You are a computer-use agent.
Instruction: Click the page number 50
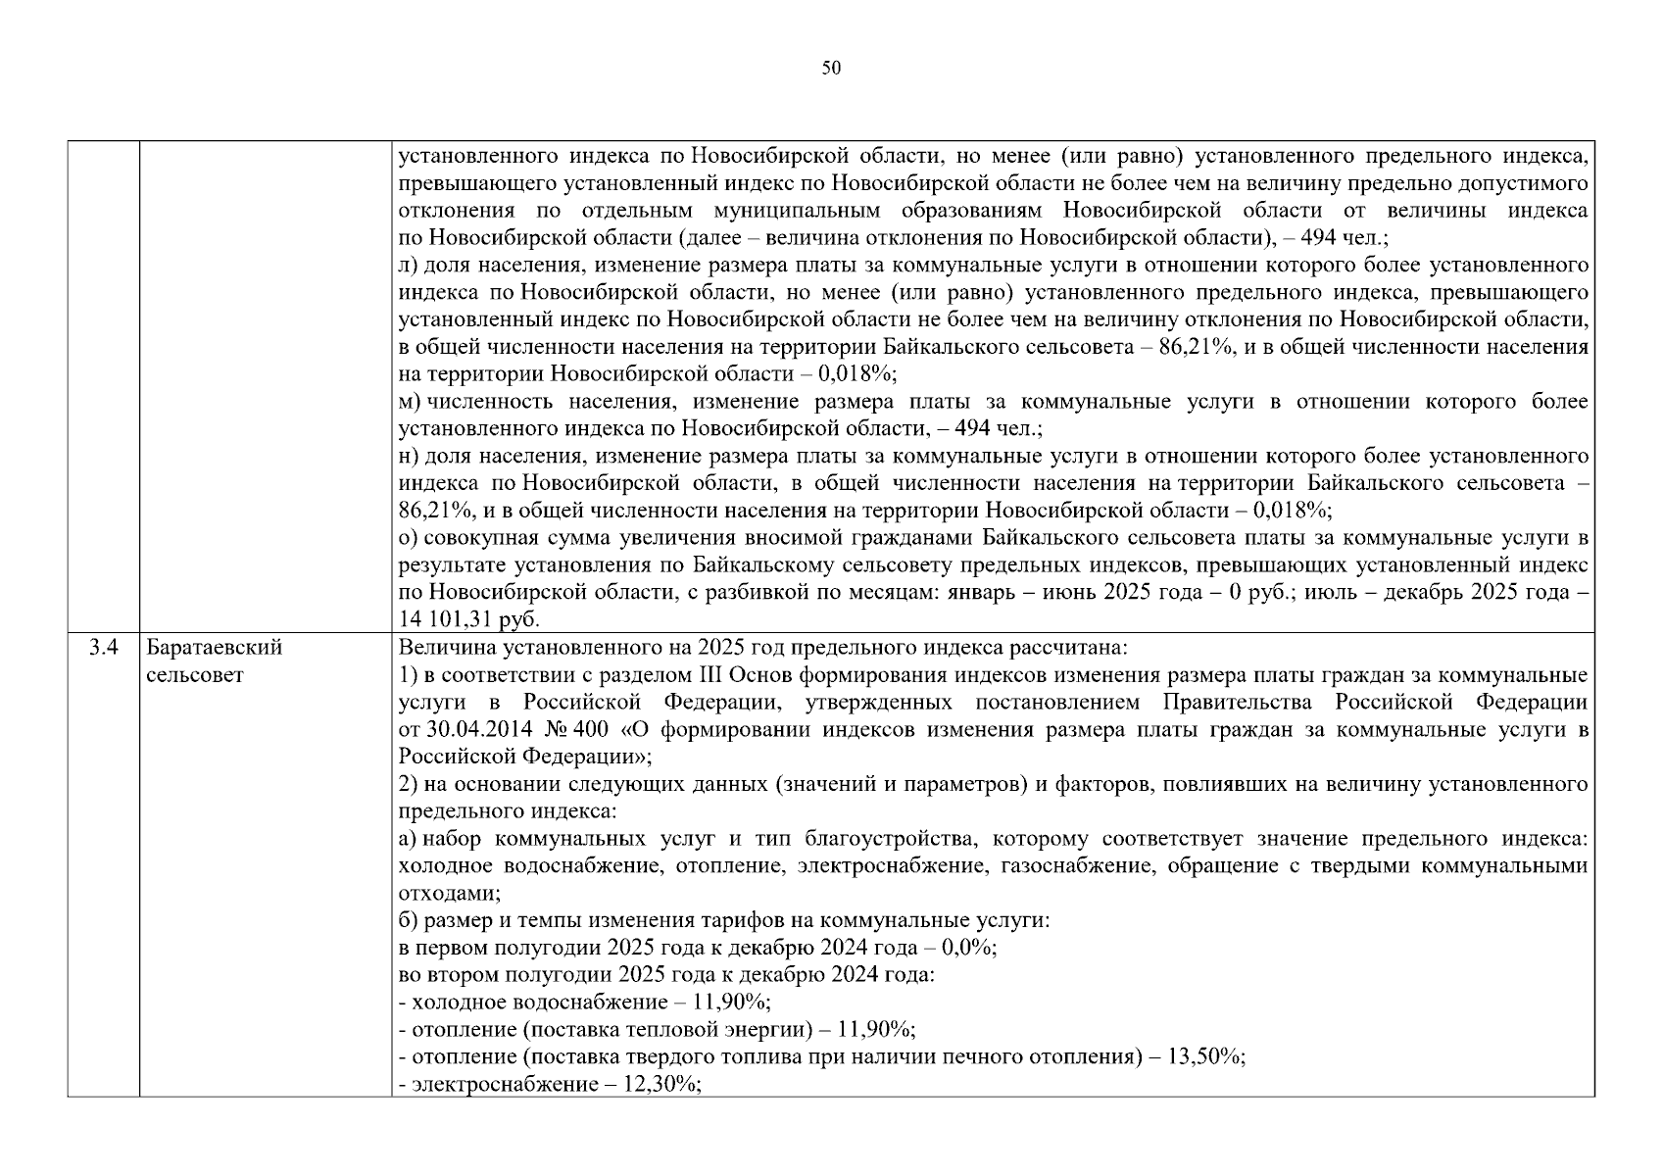point(831,68)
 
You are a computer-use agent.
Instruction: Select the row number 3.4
point(103,648)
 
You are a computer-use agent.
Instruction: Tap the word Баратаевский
point(214,648)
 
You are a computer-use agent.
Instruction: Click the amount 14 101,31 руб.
point(470,619)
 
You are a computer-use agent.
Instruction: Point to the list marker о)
point(409,538)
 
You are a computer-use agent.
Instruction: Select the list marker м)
point(410,402)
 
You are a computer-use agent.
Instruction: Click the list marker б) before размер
point(410,921)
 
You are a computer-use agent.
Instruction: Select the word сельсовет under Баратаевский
point(194,675)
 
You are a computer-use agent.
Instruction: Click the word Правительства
point(1241,703)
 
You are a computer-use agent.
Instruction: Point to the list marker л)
point(409,266)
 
